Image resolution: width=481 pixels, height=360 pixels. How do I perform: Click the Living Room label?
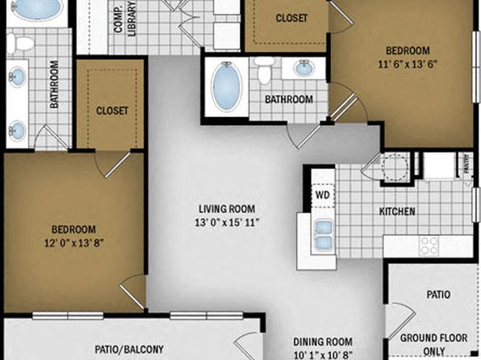click(x=227, y=209)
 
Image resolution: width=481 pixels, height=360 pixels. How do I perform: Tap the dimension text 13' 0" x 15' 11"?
click(x=228, y=222)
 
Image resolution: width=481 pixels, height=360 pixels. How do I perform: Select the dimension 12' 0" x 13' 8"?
click(x=73, y=243)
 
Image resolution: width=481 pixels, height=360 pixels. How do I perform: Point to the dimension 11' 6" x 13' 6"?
click(x=407, y=64)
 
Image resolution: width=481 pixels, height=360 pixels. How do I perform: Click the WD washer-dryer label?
click(x=322, y=195)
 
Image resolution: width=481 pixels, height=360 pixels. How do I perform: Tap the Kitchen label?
click(x=397, y=211)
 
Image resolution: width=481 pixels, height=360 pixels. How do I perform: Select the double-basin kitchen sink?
click(x=324, y=234)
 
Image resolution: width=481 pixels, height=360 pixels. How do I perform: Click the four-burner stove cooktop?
click(x=429, y=246)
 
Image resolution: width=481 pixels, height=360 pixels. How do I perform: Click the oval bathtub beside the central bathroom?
click(x=227, y=86)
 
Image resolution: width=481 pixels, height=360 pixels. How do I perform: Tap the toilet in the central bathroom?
click(x=264, y=70)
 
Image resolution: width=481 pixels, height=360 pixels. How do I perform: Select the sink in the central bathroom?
click(x=304, y=68)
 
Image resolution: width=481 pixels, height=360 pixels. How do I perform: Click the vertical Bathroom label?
click(x=54, y=84)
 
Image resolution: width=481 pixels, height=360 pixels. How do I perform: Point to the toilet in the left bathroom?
click(x=20, y=44)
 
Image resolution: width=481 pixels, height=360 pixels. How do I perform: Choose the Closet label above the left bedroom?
click(x=112, y=111)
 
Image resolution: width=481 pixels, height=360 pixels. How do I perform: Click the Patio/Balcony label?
click(x=129, y=350)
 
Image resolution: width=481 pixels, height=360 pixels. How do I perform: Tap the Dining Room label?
click(x=323, y=341)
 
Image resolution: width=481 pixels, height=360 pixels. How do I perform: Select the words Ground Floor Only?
click(x=433, y=345)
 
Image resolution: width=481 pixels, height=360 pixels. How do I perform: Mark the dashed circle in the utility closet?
click(x=395, y=167)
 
